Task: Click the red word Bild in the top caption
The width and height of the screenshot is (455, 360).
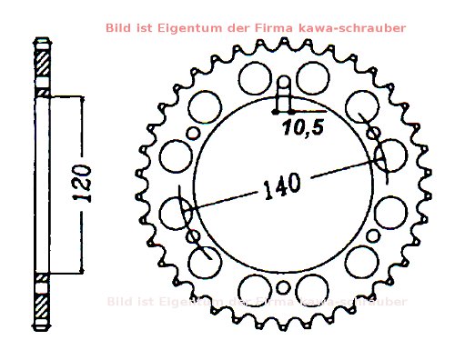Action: pyautogui.click(x=118, y=28)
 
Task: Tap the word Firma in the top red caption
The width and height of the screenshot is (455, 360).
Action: pyautogui.click(x=272, y=28)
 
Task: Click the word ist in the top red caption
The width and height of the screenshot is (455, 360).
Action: pyautogui.click(x=144, y=28)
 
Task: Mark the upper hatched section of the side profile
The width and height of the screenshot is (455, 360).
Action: pyautogui.click(x=40, y=66)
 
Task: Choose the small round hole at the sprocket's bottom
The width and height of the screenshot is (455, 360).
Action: pyautogui.click(x=283, y=289)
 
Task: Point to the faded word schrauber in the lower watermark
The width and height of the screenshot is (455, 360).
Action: pyautogui.click(x=373, y=301)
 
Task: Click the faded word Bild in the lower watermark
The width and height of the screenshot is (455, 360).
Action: pyautogui.click(x=118, y=301)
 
